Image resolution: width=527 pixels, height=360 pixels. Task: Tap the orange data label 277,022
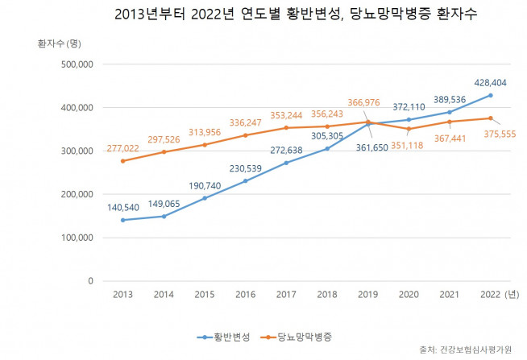click(x=122, y=148)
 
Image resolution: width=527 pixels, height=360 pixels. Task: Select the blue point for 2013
click(x=122, y=220)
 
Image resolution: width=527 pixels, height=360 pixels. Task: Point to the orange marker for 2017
click(x=286, y=127)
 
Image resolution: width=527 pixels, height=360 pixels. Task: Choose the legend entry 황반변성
click(x=222, y=334)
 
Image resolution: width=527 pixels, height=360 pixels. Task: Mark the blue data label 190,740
click(x=204, y=184)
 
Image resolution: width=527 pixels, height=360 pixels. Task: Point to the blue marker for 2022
click(x=491, y=95)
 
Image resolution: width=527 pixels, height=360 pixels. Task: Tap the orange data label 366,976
click(x=367, y=102)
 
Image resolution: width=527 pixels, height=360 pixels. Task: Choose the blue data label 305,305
click(x=326, y=134)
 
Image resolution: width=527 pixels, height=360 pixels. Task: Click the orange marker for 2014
click(x=164, y=151)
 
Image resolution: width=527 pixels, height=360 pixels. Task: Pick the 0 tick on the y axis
click(x=90, y=281)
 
